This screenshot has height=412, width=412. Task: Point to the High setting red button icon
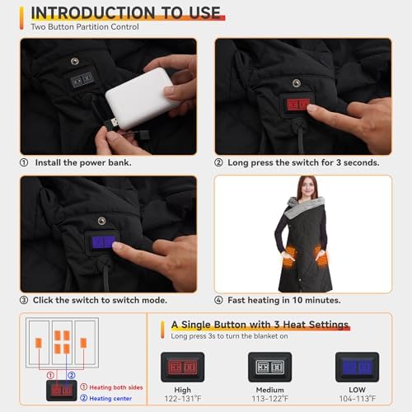coord(183,366)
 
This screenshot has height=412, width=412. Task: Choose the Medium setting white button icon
coord(269,366)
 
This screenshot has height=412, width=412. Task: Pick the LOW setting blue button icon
coord(357,366)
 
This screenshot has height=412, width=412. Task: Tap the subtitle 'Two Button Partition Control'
coord(84,27)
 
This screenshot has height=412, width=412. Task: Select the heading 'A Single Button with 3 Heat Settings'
coord(260,325)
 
